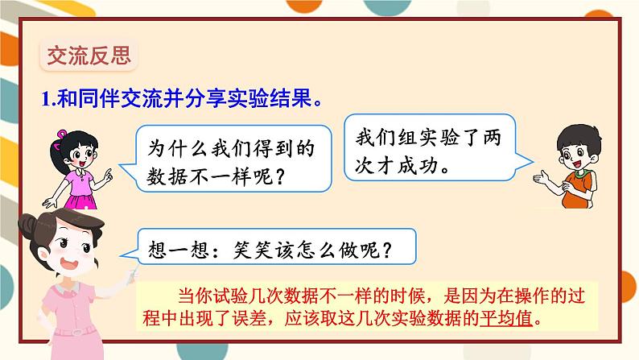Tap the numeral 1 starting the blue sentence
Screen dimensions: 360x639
45,100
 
